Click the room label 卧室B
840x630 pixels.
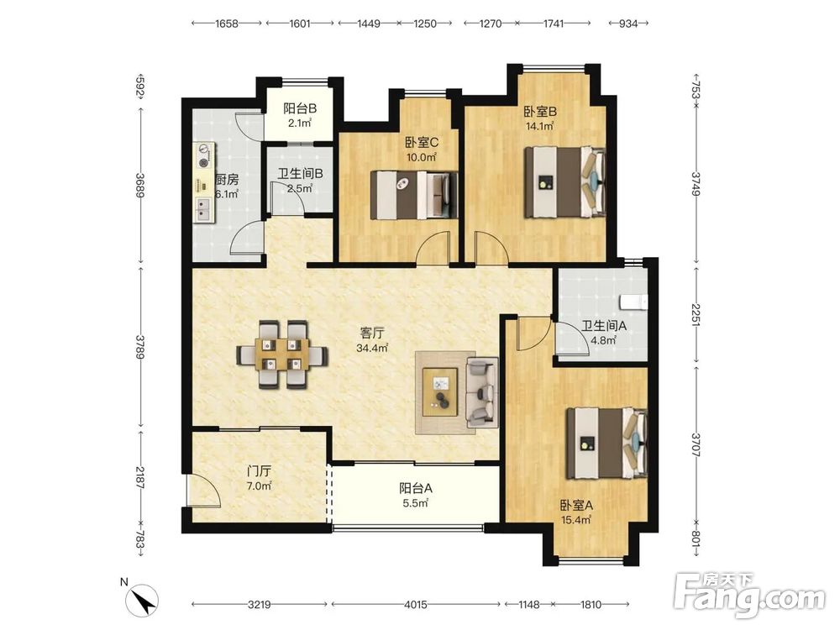coord(540,112)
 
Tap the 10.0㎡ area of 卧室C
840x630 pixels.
coord(422,158)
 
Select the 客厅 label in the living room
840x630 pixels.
coord(372,333)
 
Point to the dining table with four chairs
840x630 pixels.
coord(282,354)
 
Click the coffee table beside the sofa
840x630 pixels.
coord(440,391)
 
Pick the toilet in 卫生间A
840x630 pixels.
coord(633,302)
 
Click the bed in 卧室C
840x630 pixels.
coord(415,195)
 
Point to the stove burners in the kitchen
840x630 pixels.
coord(204,155)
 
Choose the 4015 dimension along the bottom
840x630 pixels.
coord(415,605)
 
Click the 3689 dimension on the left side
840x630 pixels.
coord(139,184)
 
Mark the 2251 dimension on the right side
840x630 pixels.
coord(696,314)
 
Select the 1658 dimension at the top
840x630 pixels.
coord(227,24)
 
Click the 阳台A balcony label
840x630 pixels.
coord(416,489)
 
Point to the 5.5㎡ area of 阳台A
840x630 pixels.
coord(415,503)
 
